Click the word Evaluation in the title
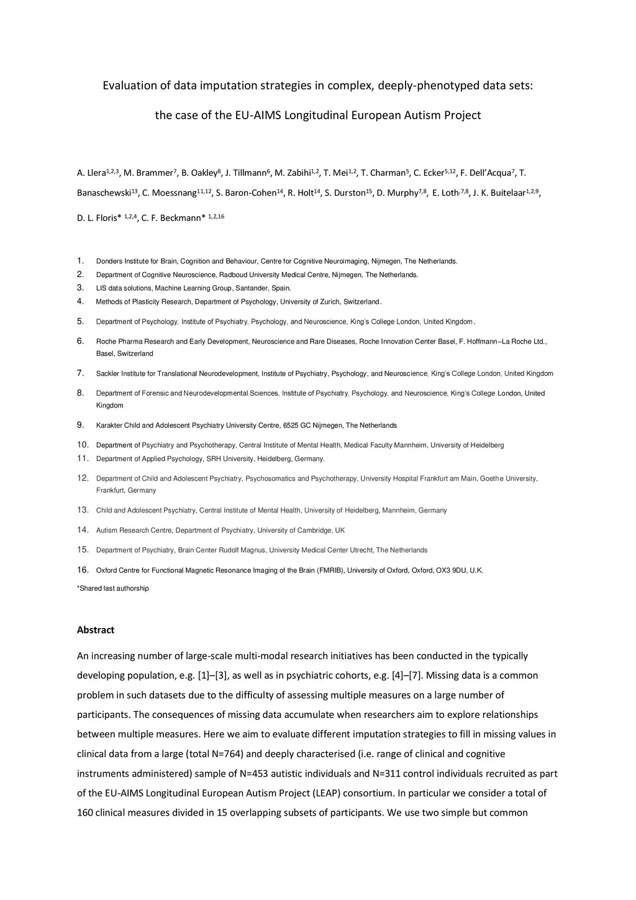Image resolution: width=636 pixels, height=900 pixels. tap(130, 85)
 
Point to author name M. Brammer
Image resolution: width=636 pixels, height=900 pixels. tap(148, 173)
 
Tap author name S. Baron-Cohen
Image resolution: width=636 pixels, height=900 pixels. tap(246, 193)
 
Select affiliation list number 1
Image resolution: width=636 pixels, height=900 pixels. tap(80, 261)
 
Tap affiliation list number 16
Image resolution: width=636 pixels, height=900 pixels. tap(83, 570)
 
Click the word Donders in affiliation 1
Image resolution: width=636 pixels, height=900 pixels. tap(109, 261)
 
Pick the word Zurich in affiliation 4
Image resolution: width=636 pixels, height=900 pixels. tap(330, 302)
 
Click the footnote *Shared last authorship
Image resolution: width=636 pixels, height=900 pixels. tap(113, 588)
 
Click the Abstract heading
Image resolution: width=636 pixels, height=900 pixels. tap(96, 630)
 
